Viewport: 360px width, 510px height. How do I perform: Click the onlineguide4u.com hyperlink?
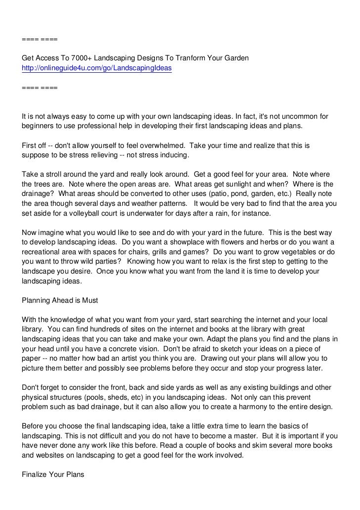pos(97,69)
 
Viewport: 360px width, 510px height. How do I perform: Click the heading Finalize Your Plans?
pos(53,474)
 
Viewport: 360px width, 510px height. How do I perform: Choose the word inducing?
pos(171,155)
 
